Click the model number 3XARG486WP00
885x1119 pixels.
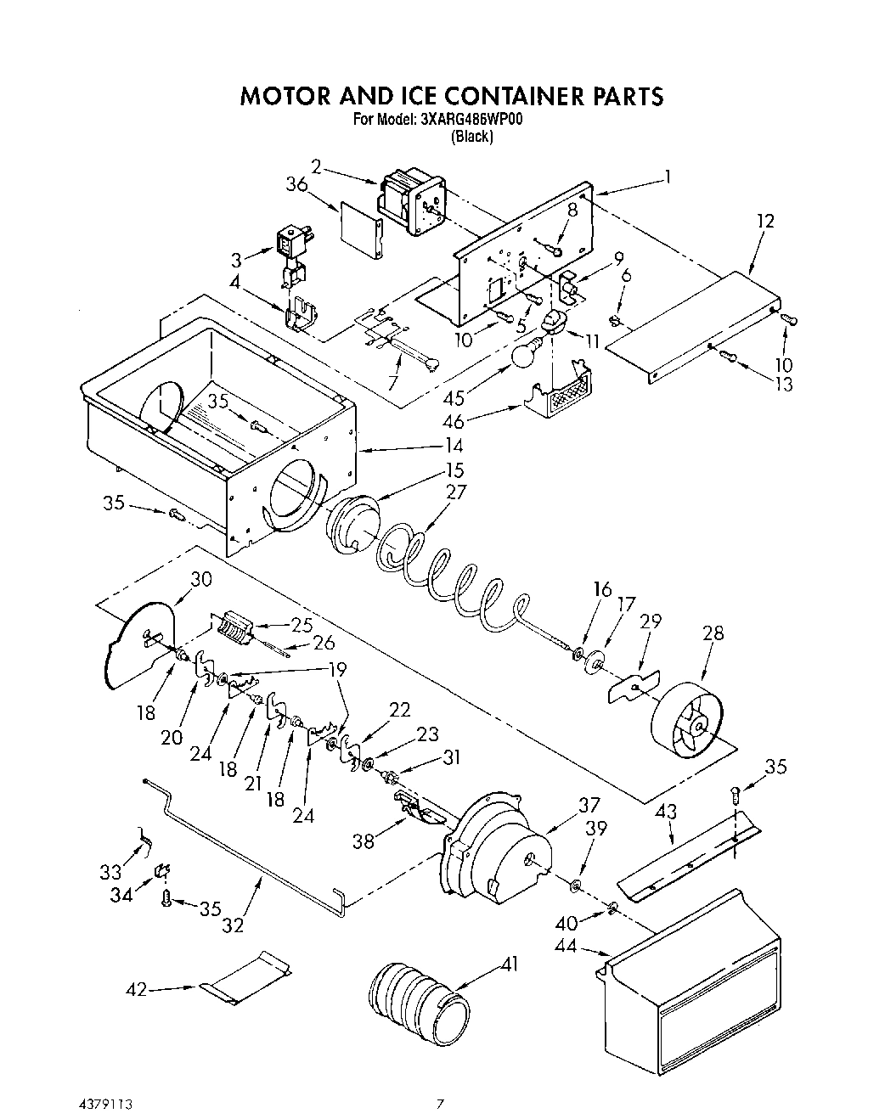click(471, 121)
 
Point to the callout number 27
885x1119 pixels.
click(456, 492)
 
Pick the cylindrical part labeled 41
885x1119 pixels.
click(419, 997)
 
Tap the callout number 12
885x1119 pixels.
click(765, 221)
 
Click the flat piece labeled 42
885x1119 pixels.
click(247, 975)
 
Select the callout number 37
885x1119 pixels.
click(589, 805)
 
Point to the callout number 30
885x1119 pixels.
click(201, 579)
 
